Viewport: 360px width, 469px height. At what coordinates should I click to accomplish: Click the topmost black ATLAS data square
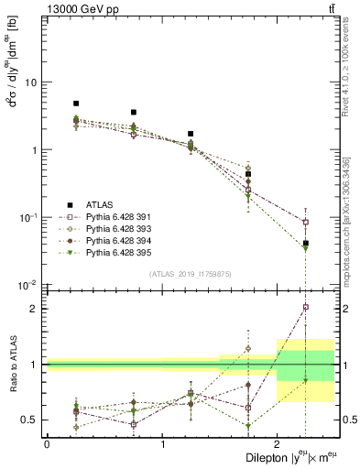coord(76,104)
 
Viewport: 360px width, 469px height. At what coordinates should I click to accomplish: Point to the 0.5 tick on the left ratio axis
coord(30,420)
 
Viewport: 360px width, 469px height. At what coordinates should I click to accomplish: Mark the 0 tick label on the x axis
coord(47,443)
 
